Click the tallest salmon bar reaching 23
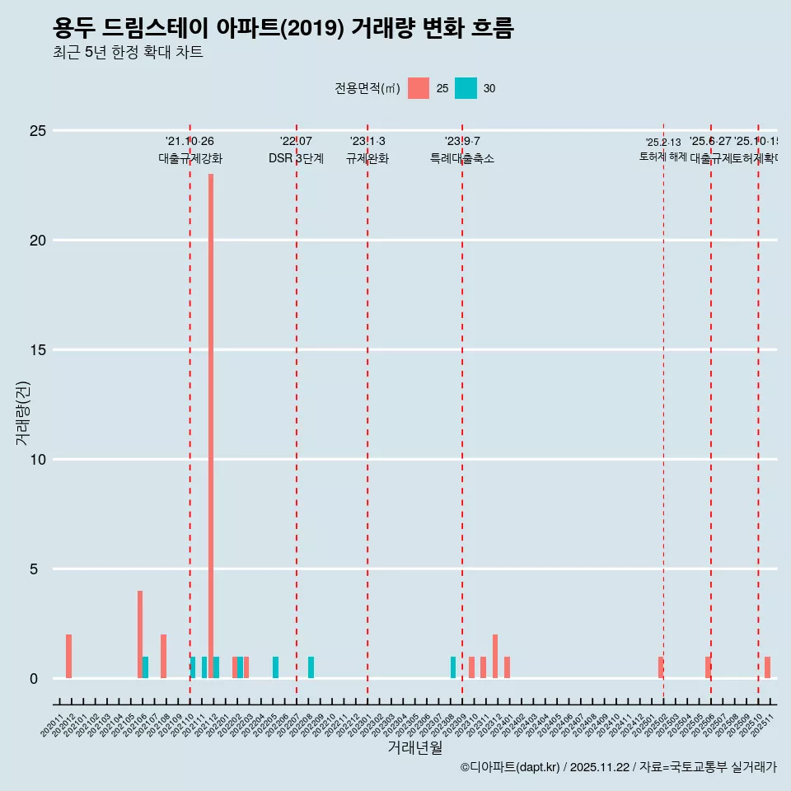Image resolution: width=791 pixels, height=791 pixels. [211, 426]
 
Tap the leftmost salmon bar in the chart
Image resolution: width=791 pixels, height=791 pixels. [68, 657]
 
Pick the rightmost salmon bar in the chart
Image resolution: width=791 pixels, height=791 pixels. [767, 667]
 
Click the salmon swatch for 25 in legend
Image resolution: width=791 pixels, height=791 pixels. [419, 88]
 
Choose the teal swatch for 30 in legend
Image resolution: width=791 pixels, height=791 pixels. [466, 88]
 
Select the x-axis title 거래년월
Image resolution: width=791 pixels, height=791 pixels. [414, 748]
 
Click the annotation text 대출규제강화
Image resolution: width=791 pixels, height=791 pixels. [190, 158]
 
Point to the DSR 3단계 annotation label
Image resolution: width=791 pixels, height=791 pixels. [296, 158]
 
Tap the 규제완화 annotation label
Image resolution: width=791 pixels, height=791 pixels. [367, 158]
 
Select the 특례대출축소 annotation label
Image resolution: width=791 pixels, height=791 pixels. [461, 158]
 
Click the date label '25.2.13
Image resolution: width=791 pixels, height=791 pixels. [663, 143]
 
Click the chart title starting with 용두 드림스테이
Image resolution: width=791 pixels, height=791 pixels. [283, 28]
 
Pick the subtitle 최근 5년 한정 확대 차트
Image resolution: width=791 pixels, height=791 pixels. [128, 53]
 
